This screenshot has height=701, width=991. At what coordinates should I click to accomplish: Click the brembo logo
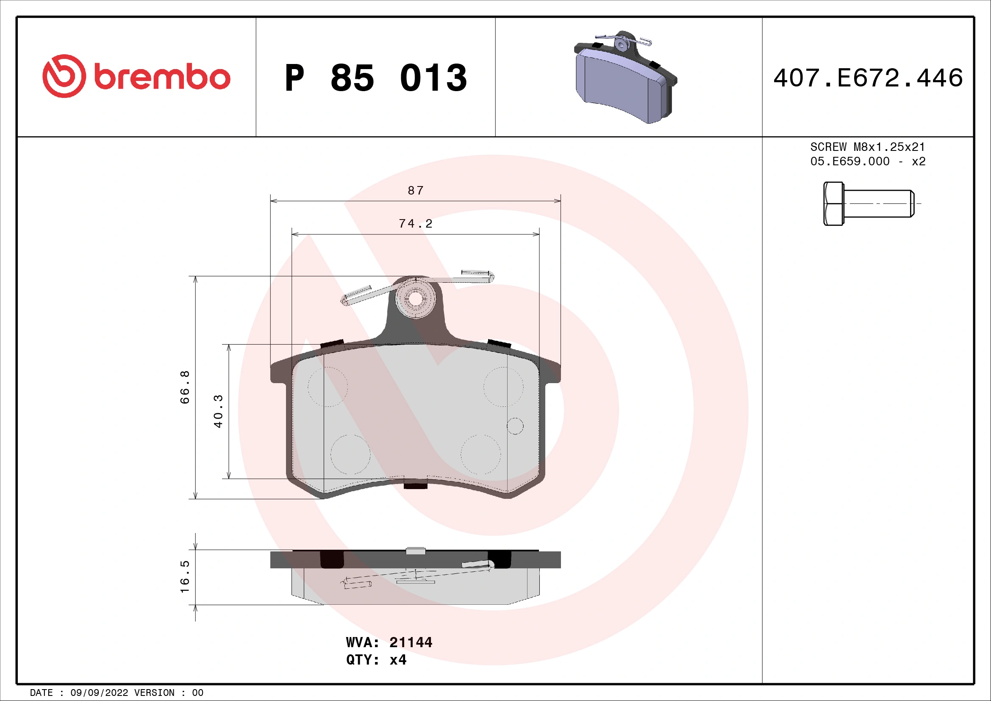click(136, 76)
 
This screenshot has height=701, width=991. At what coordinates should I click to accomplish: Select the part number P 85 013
click(375, 78)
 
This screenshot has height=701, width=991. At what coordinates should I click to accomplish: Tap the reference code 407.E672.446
click(868, 78)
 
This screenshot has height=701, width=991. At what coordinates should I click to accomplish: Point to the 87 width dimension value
click(416, 190)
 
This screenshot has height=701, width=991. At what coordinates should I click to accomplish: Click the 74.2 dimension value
click(415, 224)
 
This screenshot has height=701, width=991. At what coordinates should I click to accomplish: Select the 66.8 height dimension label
click(185, 387)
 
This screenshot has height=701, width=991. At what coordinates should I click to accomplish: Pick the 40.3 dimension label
click(218, 411)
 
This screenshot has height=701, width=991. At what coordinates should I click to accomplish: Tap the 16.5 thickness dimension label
click(185, 577)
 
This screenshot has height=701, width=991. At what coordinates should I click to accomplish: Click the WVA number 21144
click(411, 642)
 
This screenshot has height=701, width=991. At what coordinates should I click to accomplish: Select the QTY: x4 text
click(376, 660)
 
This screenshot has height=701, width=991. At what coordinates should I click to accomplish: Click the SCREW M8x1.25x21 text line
click(868, 147)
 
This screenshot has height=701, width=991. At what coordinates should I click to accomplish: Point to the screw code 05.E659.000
click(849, 161)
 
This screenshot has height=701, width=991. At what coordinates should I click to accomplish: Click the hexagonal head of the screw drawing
click(833, 204)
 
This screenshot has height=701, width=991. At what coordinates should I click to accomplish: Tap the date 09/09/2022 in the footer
click(99, 693)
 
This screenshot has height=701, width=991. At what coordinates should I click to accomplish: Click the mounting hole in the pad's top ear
click(415, 299)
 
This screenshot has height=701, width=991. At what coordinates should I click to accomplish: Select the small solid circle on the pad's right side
click(515, 426)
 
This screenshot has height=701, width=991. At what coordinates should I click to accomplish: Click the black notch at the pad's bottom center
click(415, 486)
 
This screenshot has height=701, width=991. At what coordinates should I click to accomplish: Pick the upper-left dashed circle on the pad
click(328, 387)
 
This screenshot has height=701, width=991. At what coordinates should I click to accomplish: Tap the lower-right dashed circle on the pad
click(480, 454)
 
